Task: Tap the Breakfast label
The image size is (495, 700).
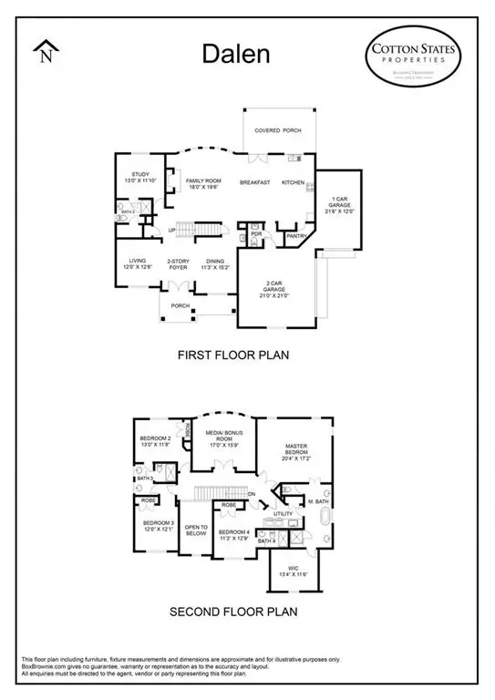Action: pos(255,183)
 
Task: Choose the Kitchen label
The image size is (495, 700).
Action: pos(293,182)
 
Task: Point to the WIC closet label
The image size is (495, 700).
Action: pos(294,572)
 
